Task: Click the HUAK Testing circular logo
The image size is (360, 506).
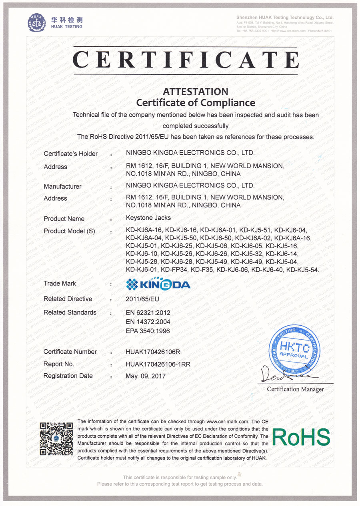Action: tap(37, 22)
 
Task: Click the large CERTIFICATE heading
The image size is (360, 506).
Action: tap(186, 60)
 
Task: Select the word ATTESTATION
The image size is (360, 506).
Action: tap(196, 92)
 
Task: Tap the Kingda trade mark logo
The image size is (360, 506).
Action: tap(158, 284)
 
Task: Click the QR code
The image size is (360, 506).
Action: tap(56, 438)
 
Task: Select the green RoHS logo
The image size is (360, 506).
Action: tap(301, 437)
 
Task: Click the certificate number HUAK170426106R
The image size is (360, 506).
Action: tap(153, 352)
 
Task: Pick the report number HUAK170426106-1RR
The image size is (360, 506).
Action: tap(158, 364)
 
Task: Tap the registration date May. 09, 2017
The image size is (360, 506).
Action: tap(145, 376)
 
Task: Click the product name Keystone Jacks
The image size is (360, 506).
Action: tap(148, 218)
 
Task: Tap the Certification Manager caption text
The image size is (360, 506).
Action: tap(295, 389)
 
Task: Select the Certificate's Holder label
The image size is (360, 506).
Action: tap(70, 153)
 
